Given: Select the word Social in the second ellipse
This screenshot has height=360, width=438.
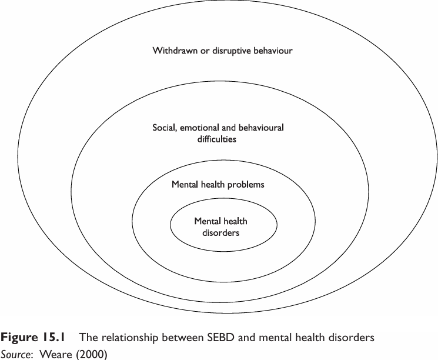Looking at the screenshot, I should [x=163, y=127].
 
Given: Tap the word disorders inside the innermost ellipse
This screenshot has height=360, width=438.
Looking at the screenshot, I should [x=221, y=232].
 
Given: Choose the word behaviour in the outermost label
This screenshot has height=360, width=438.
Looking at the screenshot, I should [x=271, y=51].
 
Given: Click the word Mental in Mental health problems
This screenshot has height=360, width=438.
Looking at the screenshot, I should [x=184, y=185].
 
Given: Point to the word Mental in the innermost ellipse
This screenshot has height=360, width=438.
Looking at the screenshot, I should [x=207, y=221].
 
